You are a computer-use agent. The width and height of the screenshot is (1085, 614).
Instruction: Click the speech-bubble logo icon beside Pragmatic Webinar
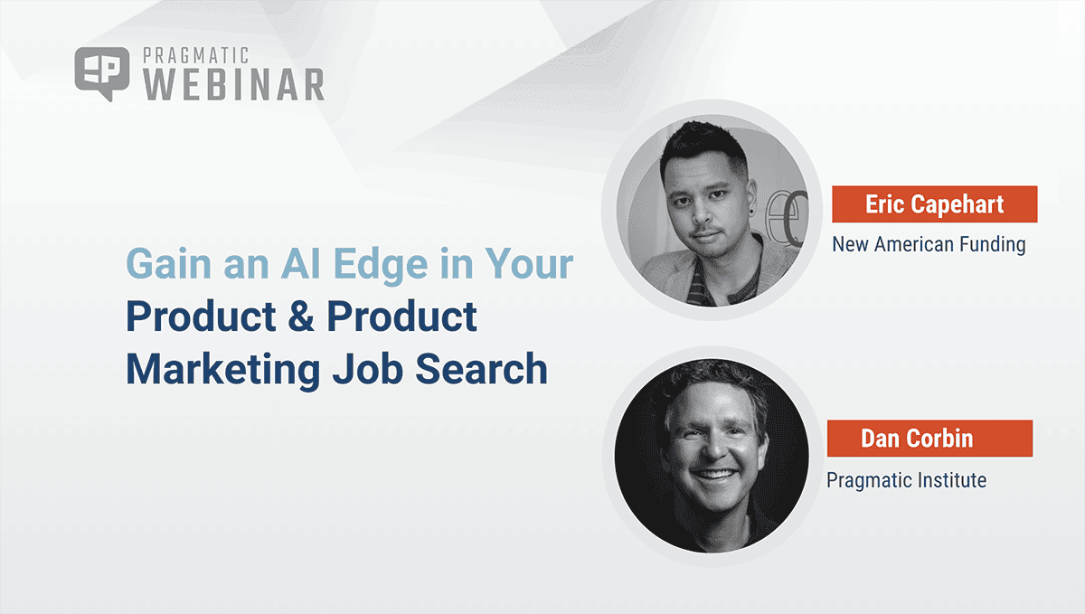[x=99, y=73]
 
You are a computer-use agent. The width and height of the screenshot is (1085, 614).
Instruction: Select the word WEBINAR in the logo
[x=234, y=85]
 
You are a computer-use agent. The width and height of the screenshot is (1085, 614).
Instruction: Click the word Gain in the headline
[x=168, y=264]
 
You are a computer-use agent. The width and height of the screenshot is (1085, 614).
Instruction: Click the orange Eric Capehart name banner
[x=934, y=204]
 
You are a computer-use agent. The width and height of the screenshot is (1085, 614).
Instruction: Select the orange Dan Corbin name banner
[x=929, y=439]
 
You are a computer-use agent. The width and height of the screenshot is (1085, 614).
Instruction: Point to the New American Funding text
[x=929, y=244]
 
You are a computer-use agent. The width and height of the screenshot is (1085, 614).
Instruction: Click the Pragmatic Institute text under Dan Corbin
[x=906, y=479]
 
